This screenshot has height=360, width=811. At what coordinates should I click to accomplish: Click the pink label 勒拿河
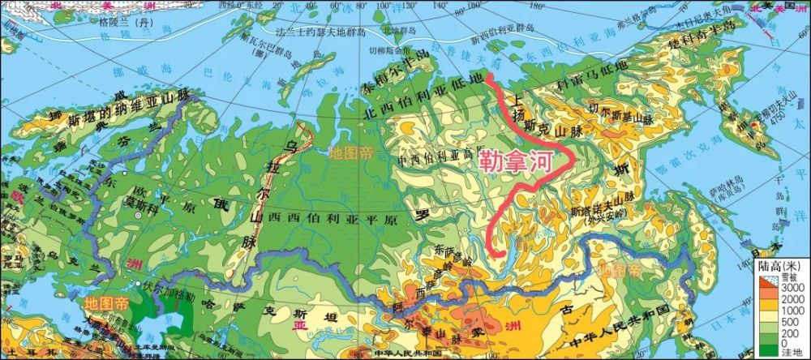(516, 160)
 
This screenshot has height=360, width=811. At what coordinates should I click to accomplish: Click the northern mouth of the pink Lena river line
(488, 79)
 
